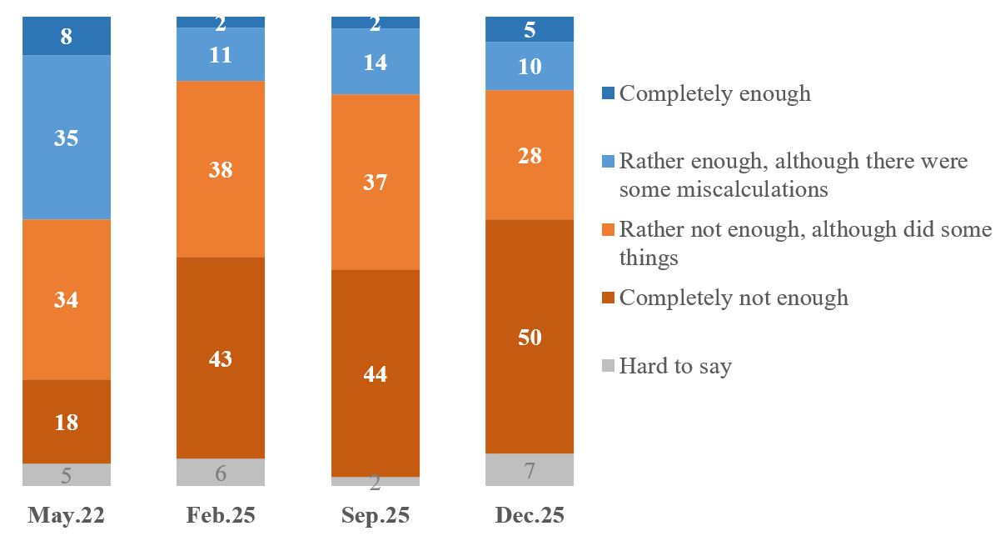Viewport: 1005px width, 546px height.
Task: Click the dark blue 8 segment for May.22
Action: pyautogui.click(x=67, y=36)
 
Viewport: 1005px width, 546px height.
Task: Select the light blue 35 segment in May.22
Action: pyautogui.click(x=67, y=138)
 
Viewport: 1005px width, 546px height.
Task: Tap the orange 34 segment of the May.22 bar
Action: pyautogui.click(x=67, y=299)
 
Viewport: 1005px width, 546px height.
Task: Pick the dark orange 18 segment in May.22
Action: pyautogui.click(x=67, y=422)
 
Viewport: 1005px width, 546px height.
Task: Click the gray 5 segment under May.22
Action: pyautogui.click(x=67, y=475)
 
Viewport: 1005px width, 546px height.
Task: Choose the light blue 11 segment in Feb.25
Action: pyautogui.click(x=221, y=55)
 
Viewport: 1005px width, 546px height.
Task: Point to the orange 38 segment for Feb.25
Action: pyautogui.click(x=221, y=169)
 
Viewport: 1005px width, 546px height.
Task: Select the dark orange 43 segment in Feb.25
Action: pyautogui.click(x=221, y=358)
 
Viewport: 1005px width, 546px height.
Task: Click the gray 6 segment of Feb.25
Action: pyautogui.click(x=221, y=473)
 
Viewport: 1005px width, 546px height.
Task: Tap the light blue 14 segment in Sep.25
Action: pyautogui.click(x=376, y=62)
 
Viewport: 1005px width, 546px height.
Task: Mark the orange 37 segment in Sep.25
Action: pyautogui.click(x=376, y=182)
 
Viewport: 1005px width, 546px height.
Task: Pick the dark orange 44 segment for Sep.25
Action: pyautogui.click(x=376, y=373)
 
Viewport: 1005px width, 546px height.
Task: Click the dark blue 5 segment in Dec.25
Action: pyautogui.click(x=530, y=29)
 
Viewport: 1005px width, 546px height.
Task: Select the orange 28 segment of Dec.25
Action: pyautogui.click(x=530, y=155)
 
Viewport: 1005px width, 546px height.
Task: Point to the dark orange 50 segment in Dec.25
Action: pyautogui.click(x=530, y=337)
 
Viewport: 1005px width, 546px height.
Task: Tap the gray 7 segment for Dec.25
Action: pyautogui.click(x=530, y=470)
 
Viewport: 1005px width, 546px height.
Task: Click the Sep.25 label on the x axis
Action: pyautogui.click(x=376, y=516)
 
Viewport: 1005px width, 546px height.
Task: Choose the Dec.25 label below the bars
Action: pyautogui.click(x=530, y=516)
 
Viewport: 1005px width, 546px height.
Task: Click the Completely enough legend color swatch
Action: pyautogui.click(x=608, y=93)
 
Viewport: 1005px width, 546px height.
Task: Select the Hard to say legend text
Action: pyautogui.click(x=675, y=366)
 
